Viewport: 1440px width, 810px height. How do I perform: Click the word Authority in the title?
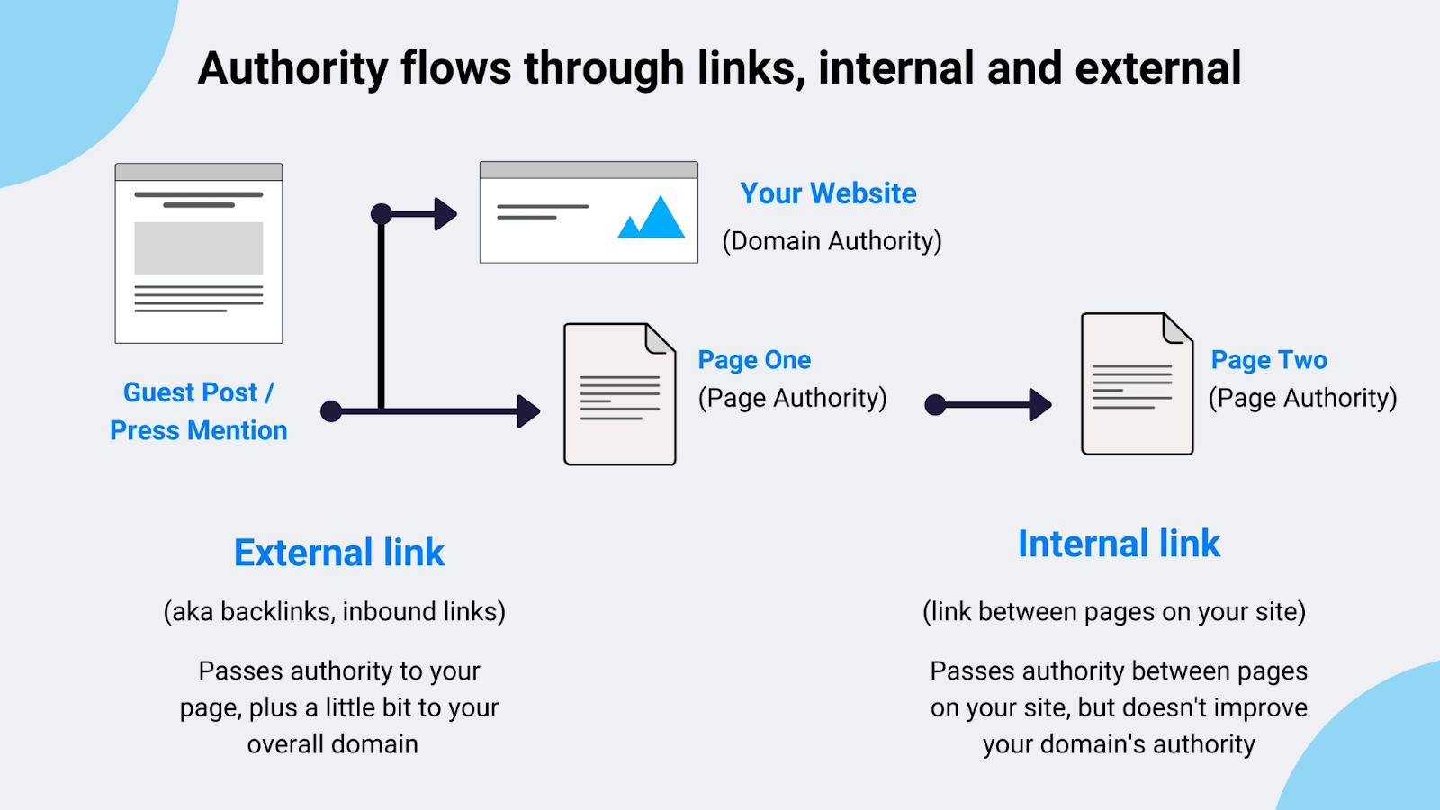(292, 69)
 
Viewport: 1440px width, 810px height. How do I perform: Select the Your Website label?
(828, 193)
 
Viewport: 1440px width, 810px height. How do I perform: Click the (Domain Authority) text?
(832, 241)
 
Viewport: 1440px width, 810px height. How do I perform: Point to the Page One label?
(754, 360)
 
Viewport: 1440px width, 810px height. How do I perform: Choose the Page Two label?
(1268, 360)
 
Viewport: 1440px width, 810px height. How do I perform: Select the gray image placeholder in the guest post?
(199, 248)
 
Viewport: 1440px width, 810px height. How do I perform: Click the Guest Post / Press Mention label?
(198, 411)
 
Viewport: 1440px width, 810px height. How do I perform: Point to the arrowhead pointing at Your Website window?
(445, 214)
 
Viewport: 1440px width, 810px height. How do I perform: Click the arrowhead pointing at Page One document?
(528, 411)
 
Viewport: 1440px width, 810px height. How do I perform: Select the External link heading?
(339, 553)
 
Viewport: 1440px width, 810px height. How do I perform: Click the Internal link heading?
(1119, 544)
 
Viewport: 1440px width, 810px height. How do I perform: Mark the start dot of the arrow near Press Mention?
(331, 411)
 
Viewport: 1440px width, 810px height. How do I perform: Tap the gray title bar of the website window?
(589, 170)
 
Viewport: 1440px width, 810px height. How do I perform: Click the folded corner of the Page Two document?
(1176, 329)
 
